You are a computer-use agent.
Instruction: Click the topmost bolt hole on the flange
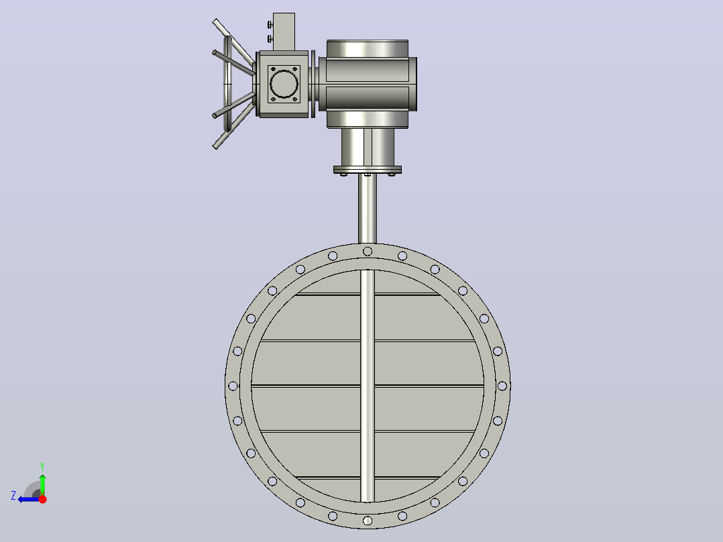[368, 252]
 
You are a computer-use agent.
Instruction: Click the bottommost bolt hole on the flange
[368, 521]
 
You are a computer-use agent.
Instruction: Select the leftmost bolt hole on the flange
[233, 386]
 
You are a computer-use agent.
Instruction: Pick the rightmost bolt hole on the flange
[502, 386]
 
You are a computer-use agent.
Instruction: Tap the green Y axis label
[42, 467]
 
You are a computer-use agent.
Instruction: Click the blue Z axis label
[13, 496]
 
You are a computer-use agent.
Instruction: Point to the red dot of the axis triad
[42, 499]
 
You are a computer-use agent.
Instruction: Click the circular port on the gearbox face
[284, 84]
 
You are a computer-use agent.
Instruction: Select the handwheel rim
[227, 83]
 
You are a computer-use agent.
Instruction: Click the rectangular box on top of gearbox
[284, 32]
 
